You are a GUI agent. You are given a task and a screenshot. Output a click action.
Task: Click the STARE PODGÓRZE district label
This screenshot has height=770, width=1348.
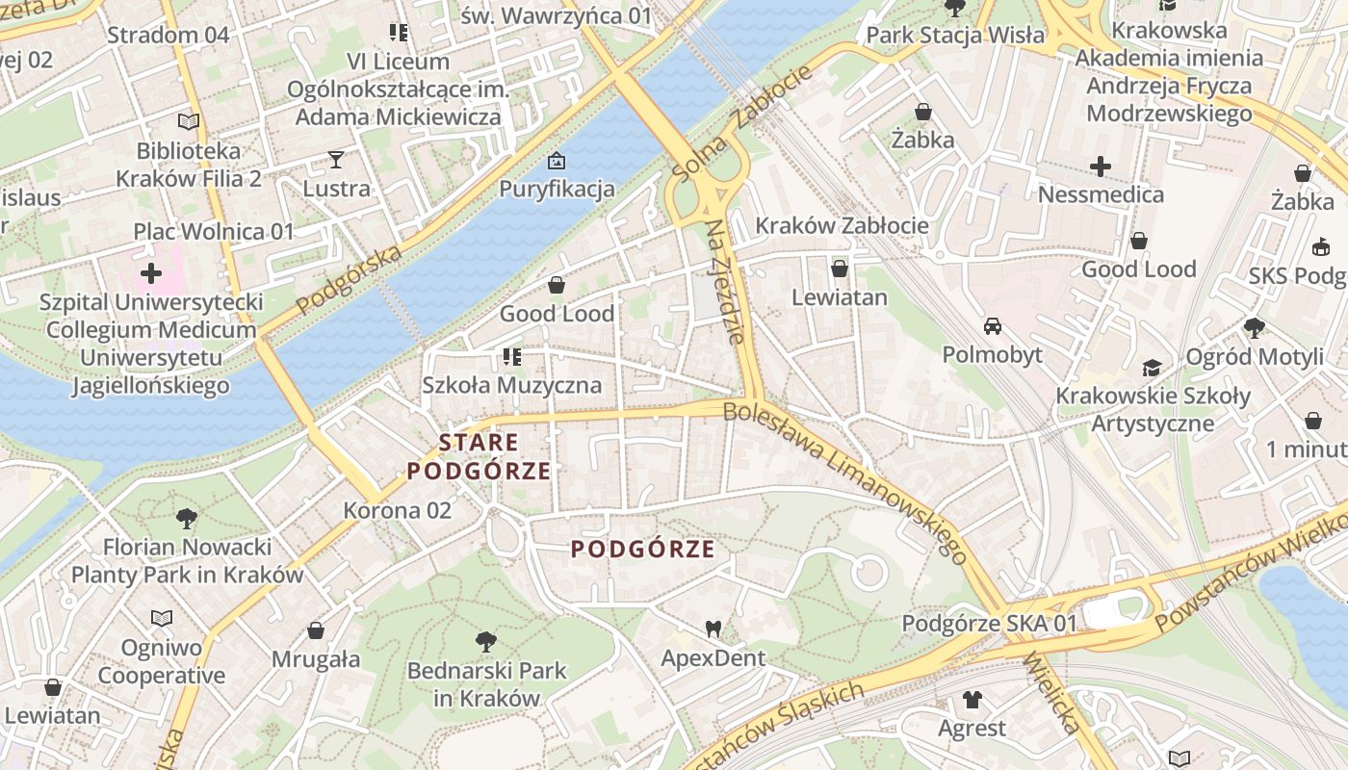(480, 457)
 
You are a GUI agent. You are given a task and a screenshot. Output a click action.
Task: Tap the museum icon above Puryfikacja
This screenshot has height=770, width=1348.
(556, 161)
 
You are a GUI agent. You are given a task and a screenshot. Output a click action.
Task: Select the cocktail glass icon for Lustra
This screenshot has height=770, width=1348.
(336, 160)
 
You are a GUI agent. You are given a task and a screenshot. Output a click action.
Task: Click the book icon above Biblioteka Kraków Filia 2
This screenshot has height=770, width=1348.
(189, 122)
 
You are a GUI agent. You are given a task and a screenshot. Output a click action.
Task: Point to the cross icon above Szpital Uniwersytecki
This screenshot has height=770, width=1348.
(151, 273)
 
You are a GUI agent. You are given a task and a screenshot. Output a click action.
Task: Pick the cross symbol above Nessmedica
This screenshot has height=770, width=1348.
(1101, 167)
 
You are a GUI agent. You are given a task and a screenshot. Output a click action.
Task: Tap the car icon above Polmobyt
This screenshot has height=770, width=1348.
(992, 326)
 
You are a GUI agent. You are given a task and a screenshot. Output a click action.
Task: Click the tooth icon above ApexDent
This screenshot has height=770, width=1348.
(713, 629)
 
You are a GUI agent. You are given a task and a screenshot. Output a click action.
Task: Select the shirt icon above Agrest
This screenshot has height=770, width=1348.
(972, 700)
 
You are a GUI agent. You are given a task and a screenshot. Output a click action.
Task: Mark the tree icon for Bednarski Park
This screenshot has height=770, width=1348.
(486, 641)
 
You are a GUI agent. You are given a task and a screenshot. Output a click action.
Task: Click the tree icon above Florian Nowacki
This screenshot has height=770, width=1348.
(187, 519)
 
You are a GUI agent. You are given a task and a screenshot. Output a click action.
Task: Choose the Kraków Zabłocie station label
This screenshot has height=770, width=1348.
(842, 226)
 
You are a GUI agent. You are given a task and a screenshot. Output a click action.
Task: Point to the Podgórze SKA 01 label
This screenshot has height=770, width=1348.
(989, 624)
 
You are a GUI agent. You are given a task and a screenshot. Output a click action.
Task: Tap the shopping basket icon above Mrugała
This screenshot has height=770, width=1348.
(315, 631)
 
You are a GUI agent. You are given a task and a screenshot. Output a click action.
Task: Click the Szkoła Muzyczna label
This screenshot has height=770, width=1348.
(511, 385)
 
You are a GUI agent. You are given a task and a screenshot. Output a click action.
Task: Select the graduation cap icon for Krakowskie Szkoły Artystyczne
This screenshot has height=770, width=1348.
(1152, 368)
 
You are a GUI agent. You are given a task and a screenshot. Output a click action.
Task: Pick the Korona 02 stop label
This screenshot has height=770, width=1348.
(397, 510)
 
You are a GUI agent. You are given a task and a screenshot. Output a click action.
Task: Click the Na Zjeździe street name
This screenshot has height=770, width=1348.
(725, 282)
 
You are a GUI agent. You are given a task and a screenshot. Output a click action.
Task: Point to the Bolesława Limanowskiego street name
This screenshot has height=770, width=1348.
(844, 481)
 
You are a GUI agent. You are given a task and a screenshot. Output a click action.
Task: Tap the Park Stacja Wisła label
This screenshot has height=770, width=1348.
(955, 36)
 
